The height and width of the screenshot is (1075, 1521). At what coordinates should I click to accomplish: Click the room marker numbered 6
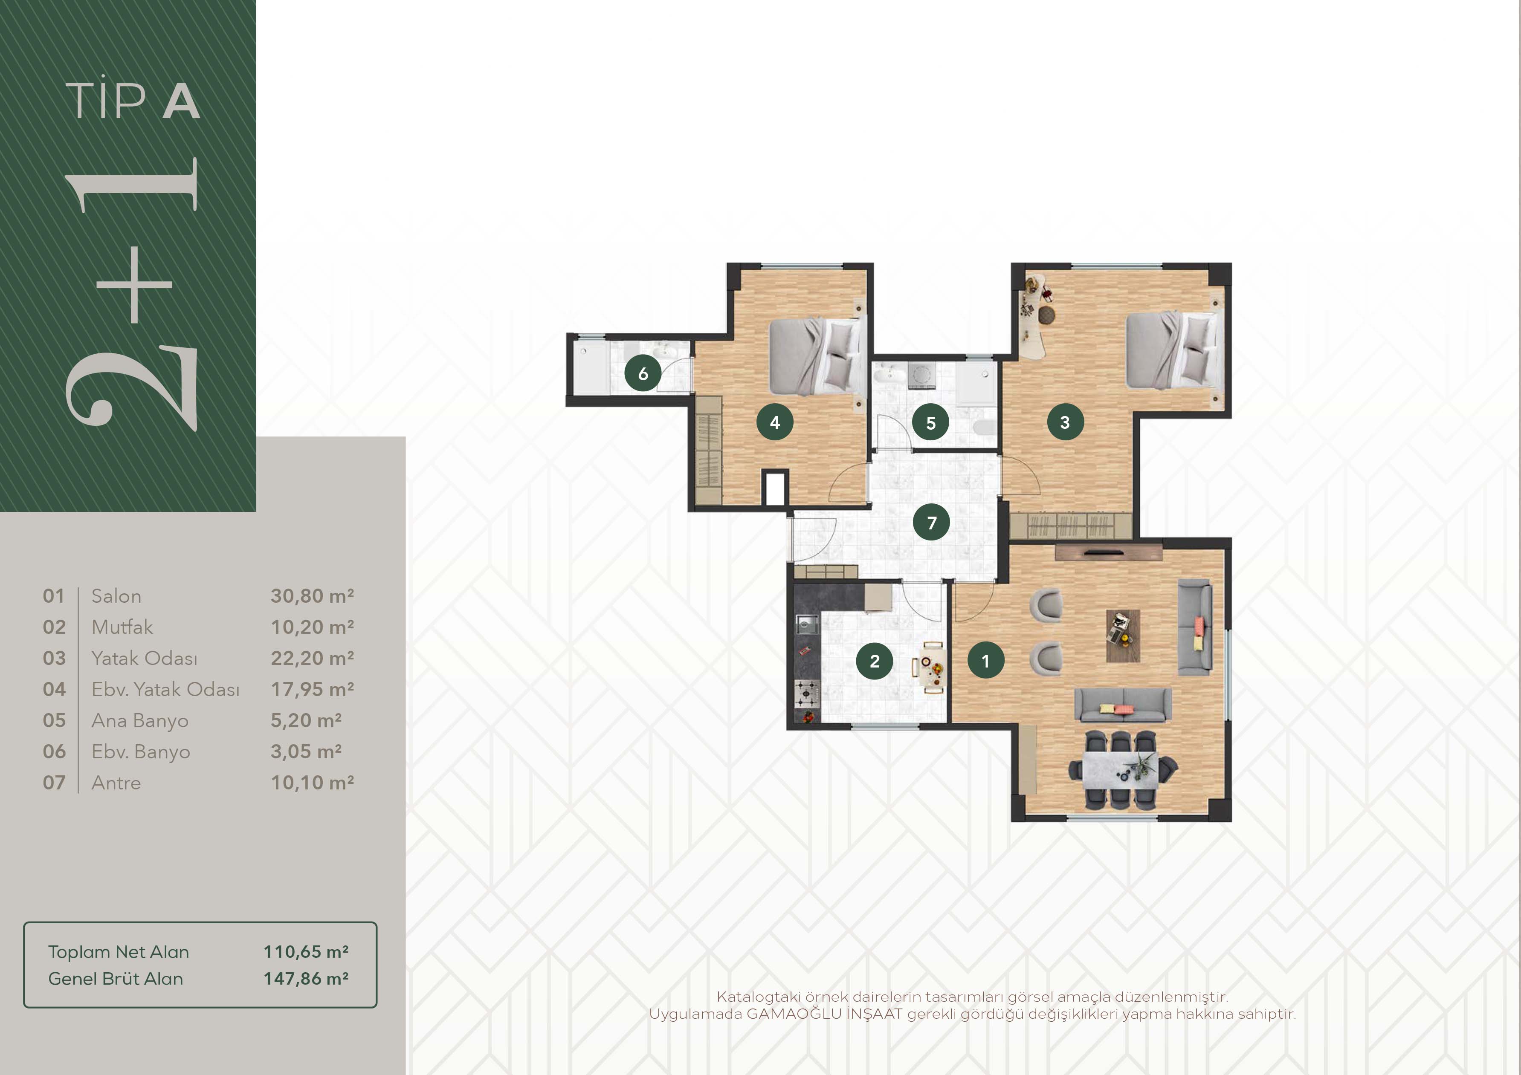(x=643, y=373)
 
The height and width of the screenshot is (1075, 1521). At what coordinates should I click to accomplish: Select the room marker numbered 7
(x=931, y=523)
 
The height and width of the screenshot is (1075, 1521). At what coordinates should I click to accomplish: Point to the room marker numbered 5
(x=931, y=422)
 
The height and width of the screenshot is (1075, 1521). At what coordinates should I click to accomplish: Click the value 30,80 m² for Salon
(x=312, y=596)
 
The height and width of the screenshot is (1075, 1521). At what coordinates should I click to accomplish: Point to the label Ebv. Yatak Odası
(x=165, y=690)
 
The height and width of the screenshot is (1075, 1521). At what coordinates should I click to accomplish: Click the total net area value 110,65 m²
(x=306, y=952)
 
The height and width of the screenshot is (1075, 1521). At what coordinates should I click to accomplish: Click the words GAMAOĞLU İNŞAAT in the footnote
(x=824, y=1014)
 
